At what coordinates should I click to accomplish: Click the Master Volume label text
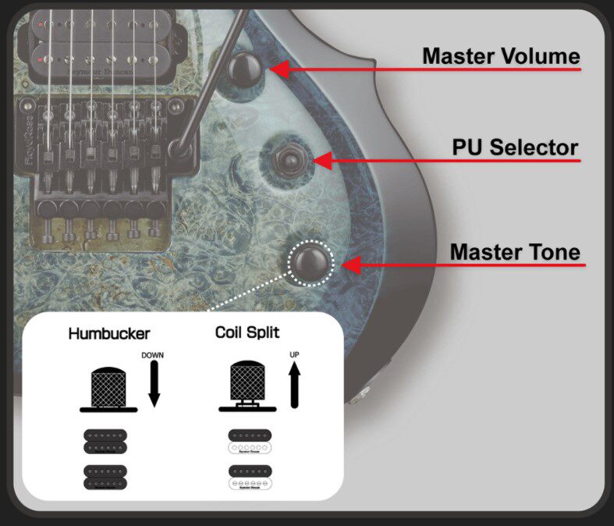pos(501,57)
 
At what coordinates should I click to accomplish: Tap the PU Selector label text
pos(515,147)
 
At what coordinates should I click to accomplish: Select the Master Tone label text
pos(515,252)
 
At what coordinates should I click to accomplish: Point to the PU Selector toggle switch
pos(291,160)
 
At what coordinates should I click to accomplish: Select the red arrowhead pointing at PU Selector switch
pos(322,162)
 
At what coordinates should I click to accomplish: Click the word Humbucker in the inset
pos(108,334)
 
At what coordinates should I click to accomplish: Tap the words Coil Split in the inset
pos(247,332)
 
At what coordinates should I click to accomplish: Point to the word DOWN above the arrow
pos(153,355)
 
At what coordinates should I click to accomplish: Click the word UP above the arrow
pos(294,355)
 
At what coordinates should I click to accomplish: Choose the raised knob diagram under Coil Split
pos(247,386)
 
